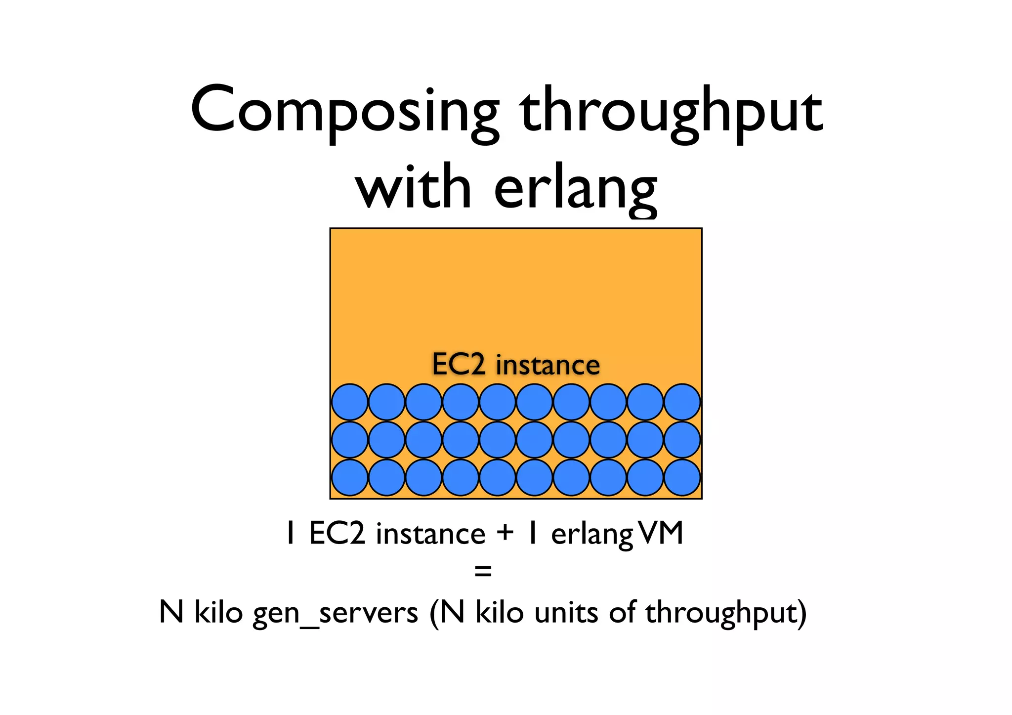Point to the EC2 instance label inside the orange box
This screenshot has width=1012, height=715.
(x=516, y=365)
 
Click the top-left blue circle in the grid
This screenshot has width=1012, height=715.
(x=350, y=402)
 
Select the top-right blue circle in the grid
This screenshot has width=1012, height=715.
(x=682, y=402)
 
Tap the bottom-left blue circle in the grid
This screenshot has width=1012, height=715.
(x=350, y=477)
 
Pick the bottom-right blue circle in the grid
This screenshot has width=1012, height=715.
(x=682, y=477)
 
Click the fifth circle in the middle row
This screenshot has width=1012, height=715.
(x=498, y=439)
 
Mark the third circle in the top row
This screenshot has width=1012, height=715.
(x=423, y=402)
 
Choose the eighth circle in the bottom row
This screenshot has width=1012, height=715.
(x=608, y=477)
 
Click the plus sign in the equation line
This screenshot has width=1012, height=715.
(x=506, y=533)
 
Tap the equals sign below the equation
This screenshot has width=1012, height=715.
(x=483, y=572)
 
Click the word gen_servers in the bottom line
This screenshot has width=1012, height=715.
(x=336, y=613)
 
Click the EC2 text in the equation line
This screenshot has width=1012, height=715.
(x=337, y=533)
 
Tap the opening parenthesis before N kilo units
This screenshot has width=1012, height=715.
(x=434, y=614)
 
